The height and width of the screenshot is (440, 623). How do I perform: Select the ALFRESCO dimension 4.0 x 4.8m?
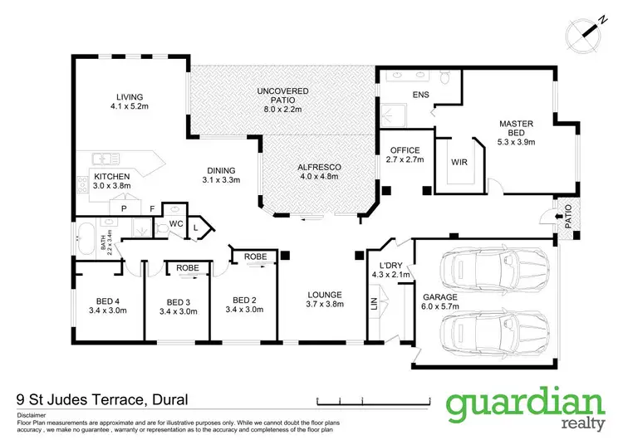pyautogui.click(x=320, y=177)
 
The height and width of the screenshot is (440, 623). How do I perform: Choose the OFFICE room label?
pyautogui.click(x=405, y=150)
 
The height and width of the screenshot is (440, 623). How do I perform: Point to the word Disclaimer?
pyautogui.click(x=34, y=413)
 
